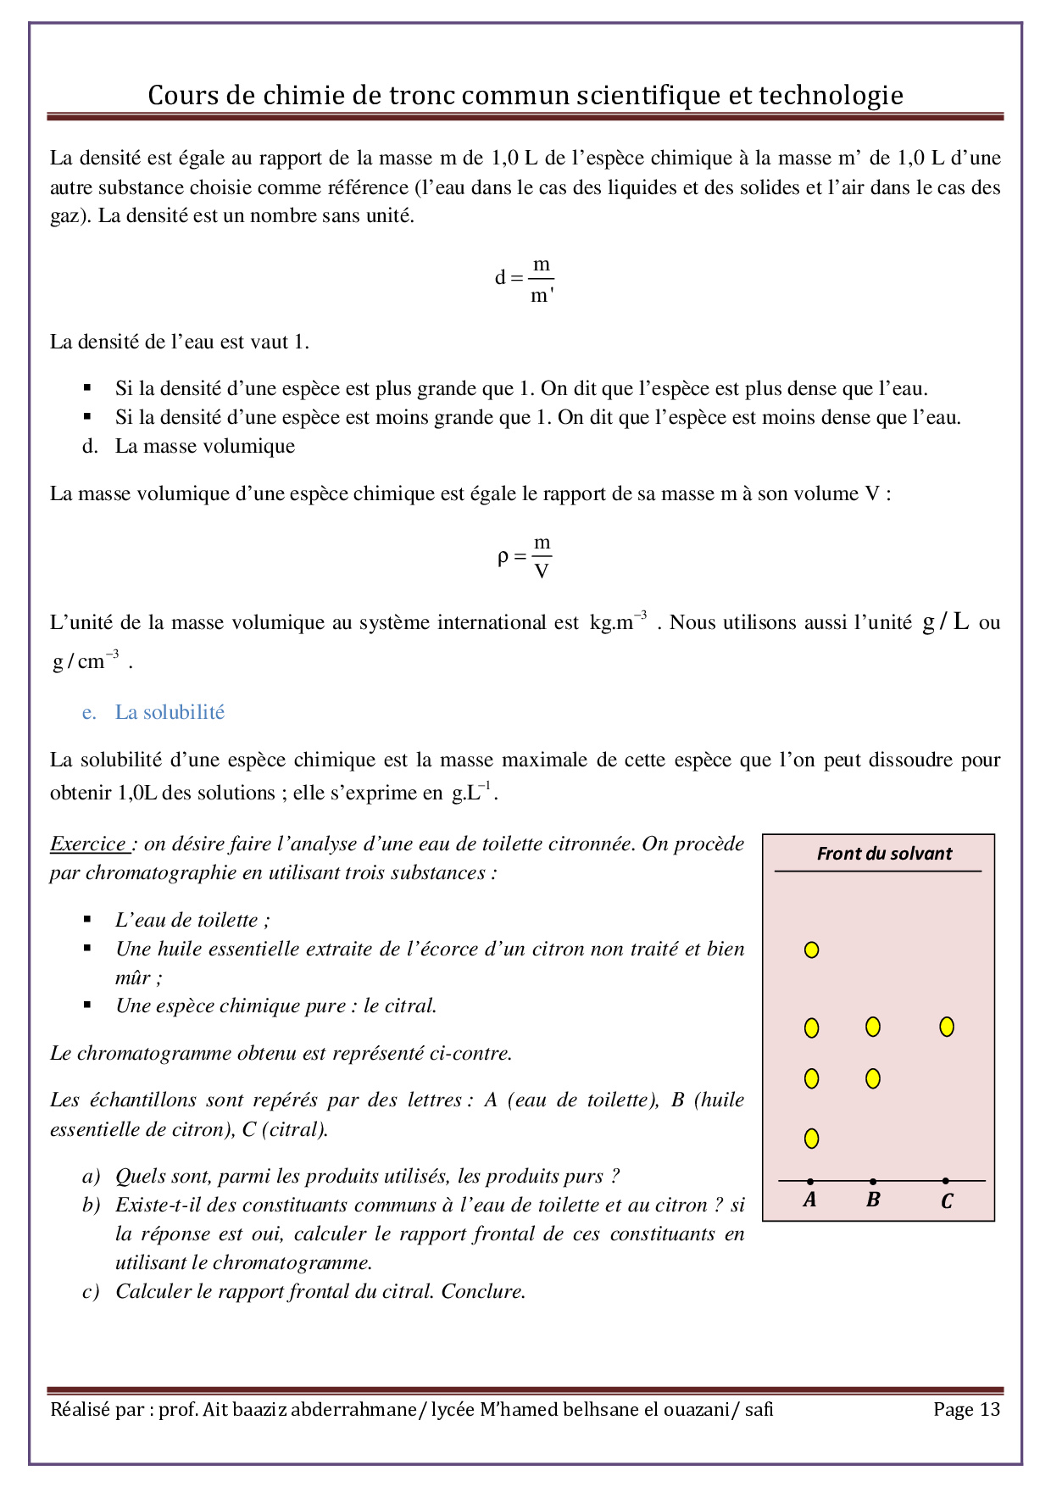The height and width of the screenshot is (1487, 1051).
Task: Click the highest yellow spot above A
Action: click(811, 950)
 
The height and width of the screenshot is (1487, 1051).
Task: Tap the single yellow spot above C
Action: click(947, 1027)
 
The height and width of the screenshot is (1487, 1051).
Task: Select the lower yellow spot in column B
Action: click(873, 1078)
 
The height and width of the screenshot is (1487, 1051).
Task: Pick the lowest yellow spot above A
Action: click(811, 1139)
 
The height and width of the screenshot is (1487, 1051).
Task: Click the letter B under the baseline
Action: click(873, 1200)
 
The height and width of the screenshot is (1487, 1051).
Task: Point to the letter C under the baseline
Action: click(947, 1201)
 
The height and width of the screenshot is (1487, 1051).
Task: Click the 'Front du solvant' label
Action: click(884, 854)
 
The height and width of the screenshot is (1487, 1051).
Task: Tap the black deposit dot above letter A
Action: click(810, 1181)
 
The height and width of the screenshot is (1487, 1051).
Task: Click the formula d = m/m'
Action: click(525, 280)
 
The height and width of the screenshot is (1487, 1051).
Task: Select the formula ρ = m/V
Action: click(525, 557)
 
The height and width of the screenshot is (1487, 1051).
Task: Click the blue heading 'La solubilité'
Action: click(170, 712)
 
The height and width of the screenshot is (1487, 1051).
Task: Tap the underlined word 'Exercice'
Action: click(88, 844)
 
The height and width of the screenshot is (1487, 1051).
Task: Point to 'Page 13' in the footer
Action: click(966, 1410)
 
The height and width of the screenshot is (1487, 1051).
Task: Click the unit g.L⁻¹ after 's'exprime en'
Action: click(473, 793)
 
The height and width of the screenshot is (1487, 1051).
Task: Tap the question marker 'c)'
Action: click(91, 1291)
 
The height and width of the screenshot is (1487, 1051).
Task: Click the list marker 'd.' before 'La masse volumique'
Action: click(90, 446)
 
